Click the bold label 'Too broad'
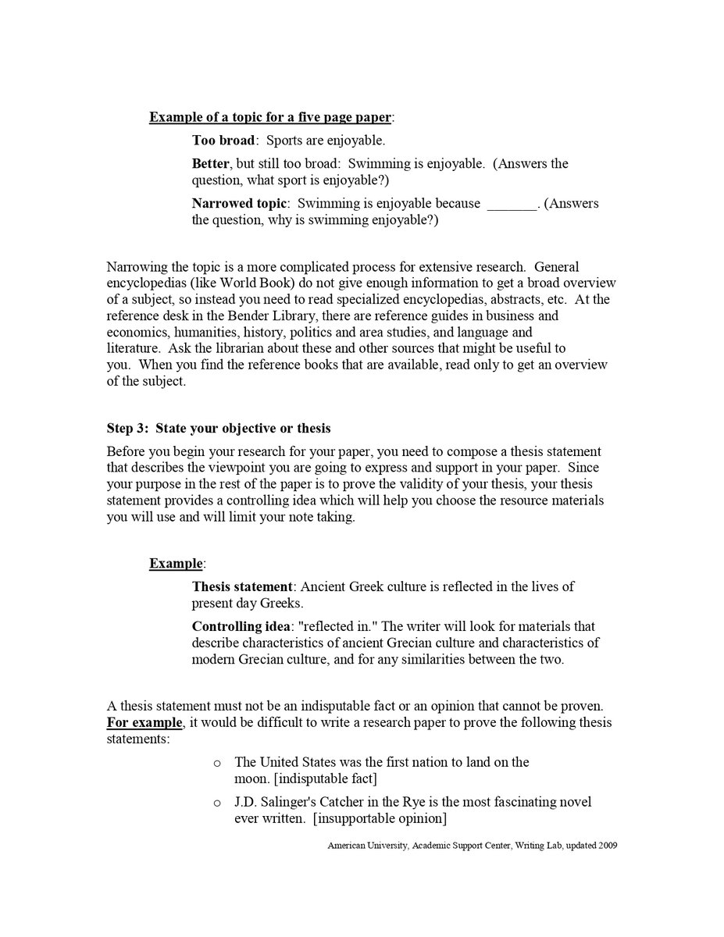pos(223,141)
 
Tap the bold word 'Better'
pos(211,163)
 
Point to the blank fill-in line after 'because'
pos(512,205)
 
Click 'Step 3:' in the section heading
pos(127,428)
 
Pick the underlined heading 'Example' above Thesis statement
pos(176,563)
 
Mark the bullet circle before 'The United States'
pos(217,763)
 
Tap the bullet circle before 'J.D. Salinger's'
pos(217,803)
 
